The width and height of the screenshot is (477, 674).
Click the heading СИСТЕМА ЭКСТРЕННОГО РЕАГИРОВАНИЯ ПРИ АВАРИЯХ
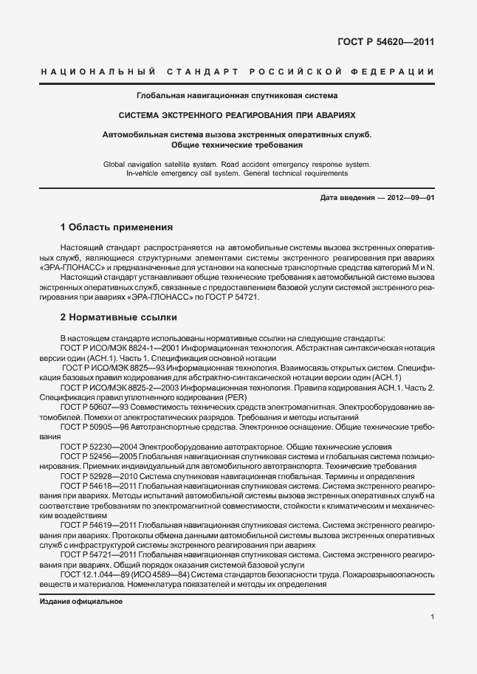(x=238, y=116)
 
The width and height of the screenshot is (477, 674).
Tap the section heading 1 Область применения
(x=116, y=227)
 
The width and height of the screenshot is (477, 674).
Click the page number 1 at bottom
(x=432, y=617)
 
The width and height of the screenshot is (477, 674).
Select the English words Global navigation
(x=134, y=163)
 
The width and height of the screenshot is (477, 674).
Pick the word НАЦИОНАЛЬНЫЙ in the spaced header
(x=97, y=71)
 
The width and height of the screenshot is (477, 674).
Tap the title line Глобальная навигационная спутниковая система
(x=238, y=96)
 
